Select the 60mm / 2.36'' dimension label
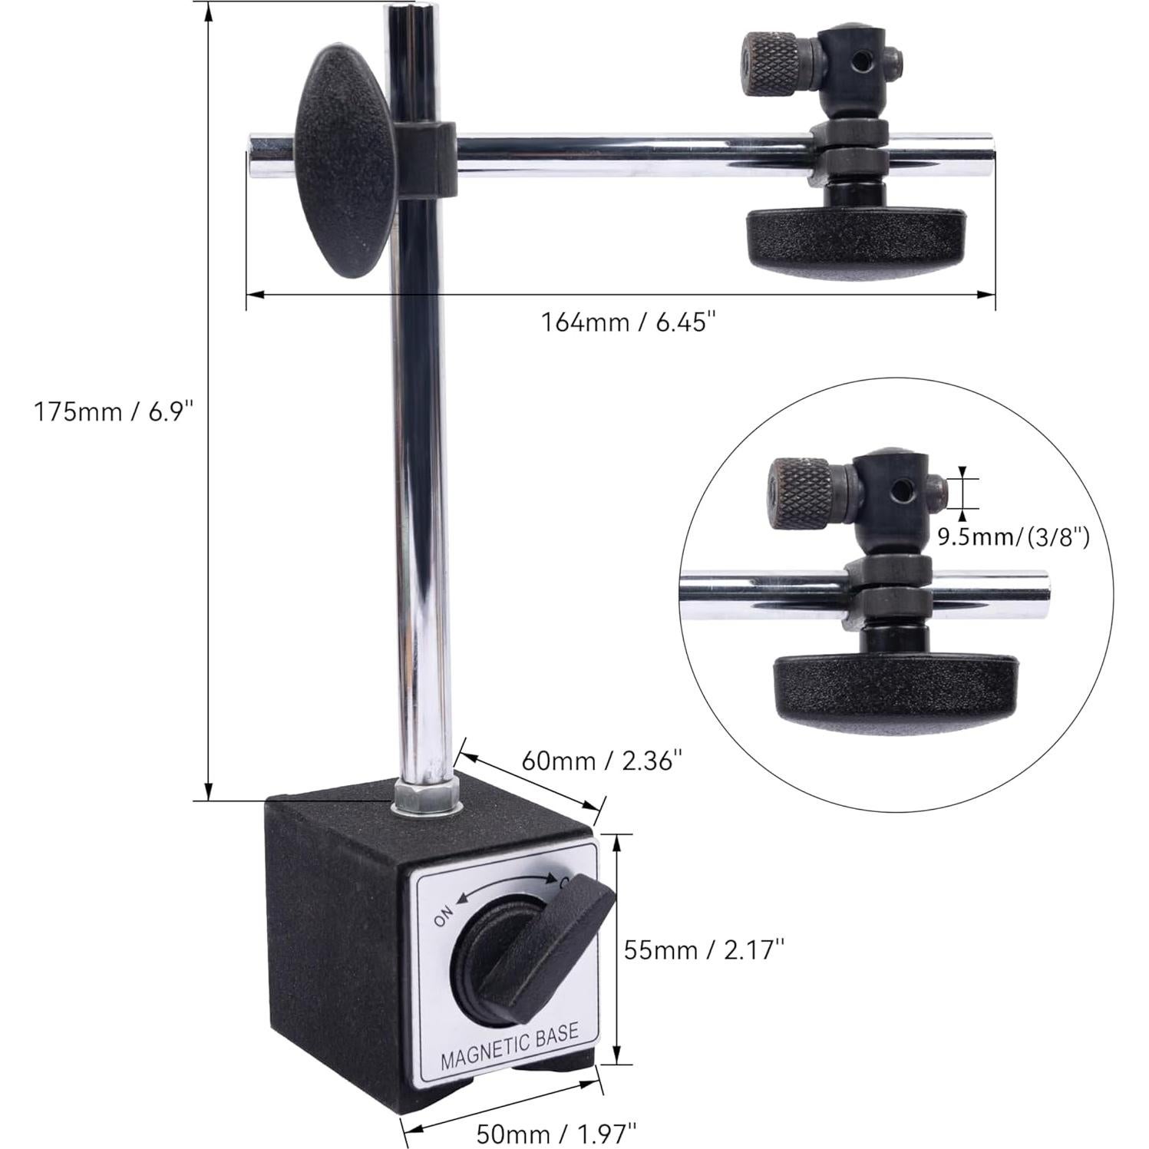click(602, 761)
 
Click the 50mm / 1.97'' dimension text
click(556, 1133)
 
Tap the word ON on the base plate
click(444, 916)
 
